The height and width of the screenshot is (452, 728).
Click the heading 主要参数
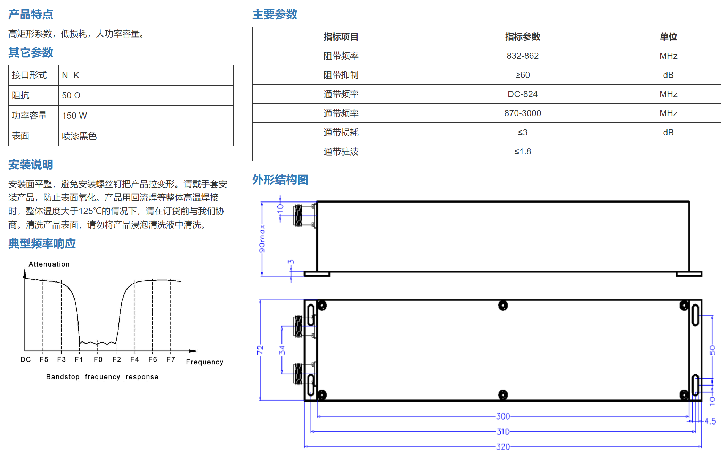coord(275,14)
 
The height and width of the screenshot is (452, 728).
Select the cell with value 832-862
coord(522,56)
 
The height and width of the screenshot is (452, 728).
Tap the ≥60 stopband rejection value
coord(522,75)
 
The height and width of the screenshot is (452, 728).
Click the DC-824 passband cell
coord(522,94)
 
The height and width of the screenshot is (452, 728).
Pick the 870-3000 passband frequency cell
coord(522,113)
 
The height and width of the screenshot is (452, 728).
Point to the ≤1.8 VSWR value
coord(522,151)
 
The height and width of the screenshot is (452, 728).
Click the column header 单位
coord(668,37)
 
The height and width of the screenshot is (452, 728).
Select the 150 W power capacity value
coord(74,116)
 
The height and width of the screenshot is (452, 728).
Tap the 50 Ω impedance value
coord(71,95)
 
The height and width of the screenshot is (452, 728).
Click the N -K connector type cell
coord(71,75)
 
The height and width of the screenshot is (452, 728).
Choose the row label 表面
coord(21,136)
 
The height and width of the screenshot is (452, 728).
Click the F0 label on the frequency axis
coord(98,359)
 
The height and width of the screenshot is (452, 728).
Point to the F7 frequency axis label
coord(171,359)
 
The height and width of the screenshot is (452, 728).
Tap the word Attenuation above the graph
coord(49,264)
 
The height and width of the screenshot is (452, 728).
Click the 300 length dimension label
coord(503,416)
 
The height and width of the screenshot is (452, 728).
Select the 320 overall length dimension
coord(503,446)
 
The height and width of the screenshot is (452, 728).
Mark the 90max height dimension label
coord(262,239)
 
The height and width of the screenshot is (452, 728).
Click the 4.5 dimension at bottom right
coord(710,421)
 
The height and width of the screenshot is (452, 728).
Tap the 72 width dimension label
coord(260,350)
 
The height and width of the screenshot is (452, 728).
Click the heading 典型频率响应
coord(42,244)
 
